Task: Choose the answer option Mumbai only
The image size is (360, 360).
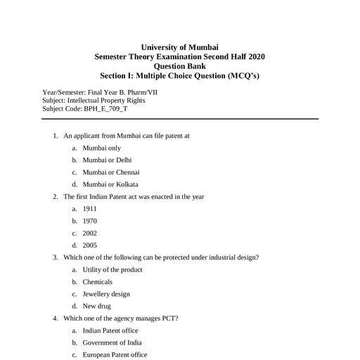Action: pos(101,148)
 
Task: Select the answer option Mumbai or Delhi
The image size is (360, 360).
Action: pos(107,160)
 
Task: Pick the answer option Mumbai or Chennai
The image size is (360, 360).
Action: pos(111,172)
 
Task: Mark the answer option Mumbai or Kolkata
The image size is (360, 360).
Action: pos(110,184)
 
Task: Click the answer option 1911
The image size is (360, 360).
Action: pos(89,209)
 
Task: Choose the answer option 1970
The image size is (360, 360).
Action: pos(89,221)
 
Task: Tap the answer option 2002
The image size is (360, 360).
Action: pos(89,233)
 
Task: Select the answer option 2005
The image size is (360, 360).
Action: pos(89,245)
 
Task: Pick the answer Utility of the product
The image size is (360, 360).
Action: pos(112,270)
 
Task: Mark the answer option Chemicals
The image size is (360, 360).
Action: pos(97,282)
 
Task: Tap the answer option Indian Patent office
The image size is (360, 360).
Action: pos(110,330)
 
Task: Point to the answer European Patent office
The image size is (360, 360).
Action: pos(115,355)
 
